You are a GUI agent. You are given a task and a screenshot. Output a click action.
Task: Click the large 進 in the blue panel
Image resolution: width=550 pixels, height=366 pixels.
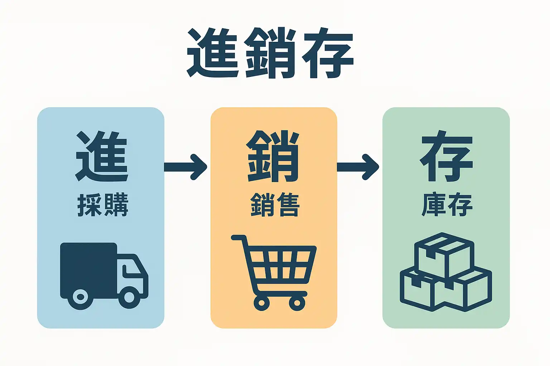102,157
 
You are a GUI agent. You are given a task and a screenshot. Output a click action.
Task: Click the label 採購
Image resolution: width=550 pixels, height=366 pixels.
103,205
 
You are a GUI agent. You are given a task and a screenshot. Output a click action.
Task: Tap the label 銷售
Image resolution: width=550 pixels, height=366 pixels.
274,205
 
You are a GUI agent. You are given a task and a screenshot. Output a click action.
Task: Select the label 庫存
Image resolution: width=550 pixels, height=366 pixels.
447,205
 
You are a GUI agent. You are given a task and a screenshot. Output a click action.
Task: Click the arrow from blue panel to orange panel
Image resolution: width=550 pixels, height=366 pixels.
186,167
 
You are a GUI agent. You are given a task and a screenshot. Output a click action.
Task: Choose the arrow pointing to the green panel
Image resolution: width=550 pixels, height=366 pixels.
358,167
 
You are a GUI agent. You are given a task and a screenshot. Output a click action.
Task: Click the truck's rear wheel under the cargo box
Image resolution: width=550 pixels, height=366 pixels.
80,297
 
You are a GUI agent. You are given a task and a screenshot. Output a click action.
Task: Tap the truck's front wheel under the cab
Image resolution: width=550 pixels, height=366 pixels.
129,297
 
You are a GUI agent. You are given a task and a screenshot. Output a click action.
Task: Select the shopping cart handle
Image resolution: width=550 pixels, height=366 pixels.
238,238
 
